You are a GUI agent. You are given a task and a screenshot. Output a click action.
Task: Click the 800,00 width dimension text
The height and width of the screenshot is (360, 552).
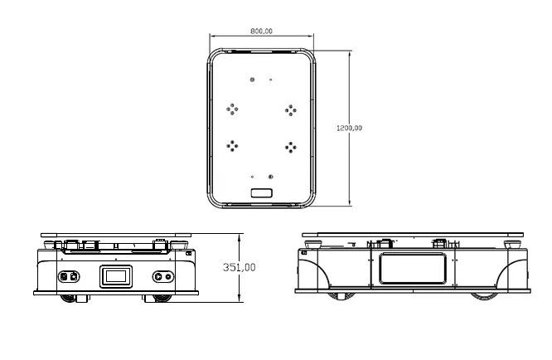(261, 31)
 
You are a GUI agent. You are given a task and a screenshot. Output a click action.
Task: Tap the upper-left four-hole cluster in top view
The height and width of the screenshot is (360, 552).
(234, 109)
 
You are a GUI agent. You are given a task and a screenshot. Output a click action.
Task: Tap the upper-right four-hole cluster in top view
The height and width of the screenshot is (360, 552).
(291, 109)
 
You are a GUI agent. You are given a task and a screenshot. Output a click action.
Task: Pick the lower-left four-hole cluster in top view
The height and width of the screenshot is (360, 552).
(234, 145)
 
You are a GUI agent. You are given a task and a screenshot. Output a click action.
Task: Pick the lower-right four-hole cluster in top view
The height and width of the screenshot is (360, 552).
(291, 147)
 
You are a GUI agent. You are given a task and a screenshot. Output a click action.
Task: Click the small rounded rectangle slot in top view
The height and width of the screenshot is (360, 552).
(262, 192)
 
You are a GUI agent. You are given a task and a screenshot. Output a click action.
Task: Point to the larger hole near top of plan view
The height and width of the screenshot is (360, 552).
(253, 80)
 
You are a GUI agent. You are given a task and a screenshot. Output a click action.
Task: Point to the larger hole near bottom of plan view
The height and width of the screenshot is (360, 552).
(271, 176)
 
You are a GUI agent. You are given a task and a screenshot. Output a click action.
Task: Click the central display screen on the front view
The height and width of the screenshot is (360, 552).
(116, 276)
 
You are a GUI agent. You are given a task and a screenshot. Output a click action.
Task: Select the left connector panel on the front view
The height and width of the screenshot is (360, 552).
(69, 276)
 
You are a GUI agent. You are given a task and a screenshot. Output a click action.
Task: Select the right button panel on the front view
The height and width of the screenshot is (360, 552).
(163, 276)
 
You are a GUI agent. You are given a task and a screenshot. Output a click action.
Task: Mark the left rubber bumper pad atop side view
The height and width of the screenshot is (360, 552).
(312, 244)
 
